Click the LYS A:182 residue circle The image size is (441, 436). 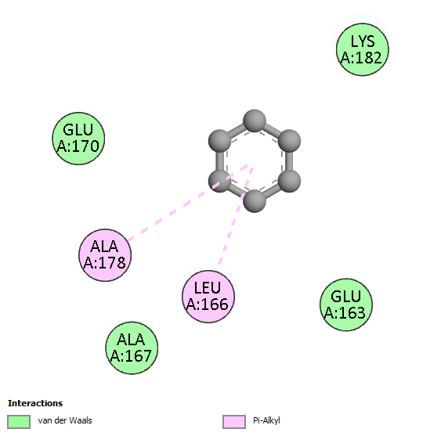(363, 49)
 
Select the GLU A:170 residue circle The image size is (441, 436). (78, 139)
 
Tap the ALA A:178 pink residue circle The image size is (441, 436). (105, 255)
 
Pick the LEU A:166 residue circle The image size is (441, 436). (208, 297)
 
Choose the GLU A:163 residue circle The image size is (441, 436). (346, 304)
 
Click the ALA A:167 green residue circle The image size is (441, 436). (132, 348)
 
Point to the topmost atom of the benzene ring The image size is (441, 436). (255, 121)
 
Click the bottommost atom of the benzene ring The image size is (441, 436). (255, 201)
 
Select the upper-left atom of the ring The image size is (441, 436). (219, 141)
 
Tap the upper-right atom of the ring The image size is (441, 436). (289, 141)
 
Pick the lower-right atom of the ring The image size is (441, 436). (289, 181)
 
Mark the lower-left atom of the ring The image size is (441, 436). (219, 181)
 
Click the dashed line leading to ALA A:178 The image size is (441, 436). (187, 203)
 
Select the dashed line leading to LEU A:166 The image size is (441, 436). (236, 216)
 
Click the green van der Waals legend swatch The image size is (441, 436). (19, 422)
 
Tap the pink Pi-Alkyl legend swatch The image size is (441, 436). (234, 422)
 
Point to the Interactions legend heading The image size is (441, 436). (35, 403)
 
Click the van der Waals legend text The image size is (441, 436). (65, 420)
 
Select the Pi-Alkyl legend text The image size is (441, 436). (266, 420)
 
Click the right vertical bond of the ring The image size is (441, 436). (289, 160)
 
